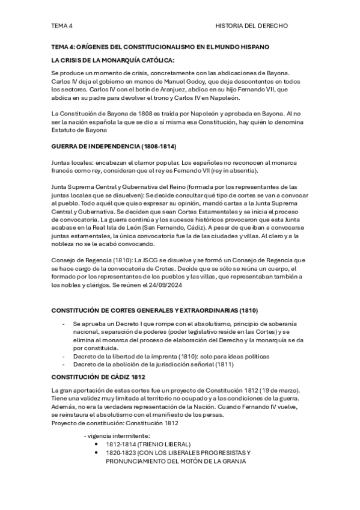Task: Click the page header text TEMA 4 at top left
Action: pos(62,26)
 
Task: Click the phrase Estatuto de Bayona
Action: pos(80,129)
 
